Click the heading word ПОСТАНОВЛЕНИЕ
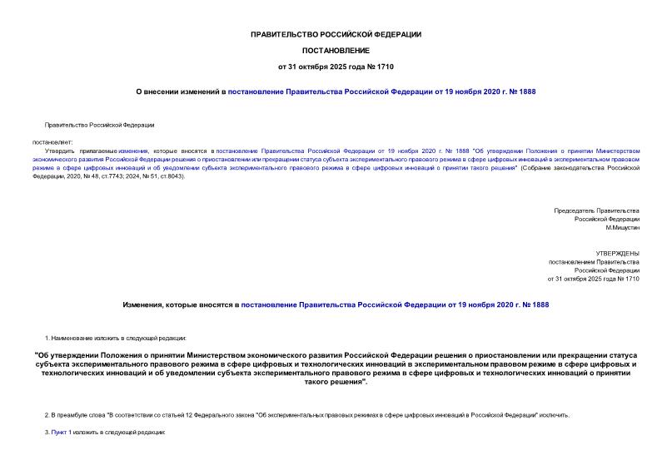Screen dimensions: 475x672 click(336, 50)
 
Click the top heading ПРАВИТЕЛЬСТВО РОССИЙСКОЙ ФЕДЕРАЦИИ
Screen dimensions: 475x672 click(336, 34)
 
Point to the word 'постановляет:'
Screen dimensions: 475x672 click(52, 141)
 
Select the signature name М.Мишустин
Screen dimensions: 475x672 click(622, 227)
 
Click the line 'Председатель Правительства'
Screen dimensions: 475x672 click(596, 210)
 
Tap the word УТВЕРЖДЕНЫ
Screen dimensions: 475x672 click(617, 252)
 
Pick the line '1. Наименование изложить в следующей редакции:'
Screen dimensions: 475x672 click(116, 339)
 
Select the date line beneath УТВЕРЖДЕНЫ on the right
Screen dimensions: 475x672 click(593, 279)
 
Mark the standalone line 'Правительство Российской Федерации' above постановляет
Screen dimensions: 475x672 click(99, 125)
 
